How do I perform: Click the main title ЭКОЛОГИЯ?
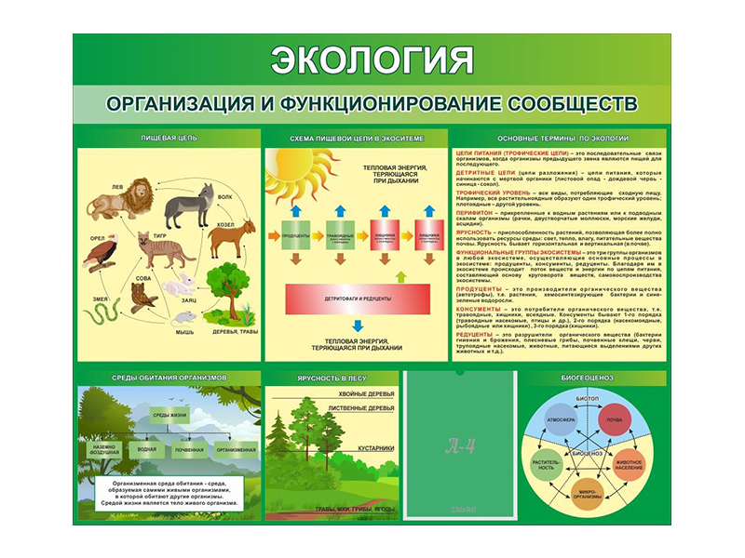tap(372, 60)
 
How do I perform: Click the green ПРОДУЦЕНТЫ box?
tap(294, 235)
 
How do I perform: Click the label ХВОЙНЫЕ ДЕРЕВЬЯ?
tap(365, 394)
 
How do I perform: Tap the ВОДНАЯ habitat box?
tap(146, 450)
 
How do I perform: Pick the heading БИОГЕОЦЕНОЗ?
tap(587, 379)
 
